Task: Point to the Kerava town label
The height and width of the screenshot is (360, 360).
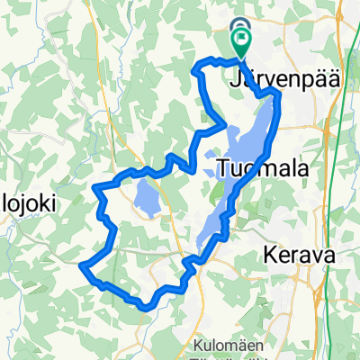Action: pyautogui.click(x=301, y=256)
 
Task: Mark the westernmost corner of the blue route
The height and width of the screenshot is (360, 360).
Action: pyautogui.click(x=82, y=266)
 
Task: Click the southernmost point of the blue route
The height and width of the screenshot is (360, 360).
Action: pyautogui.click(x=144, y=306)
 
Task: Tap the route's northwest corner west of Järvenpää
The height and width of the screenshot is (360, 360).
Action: pyautogui.click(x=196, y=66)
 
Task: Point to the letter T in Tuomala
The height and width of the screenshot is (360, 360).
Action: pyautogui.click(x=224, y=167)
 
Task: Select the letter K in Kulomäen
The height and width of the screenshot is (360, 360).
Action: pyautogui.click(x=198, y=343)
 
